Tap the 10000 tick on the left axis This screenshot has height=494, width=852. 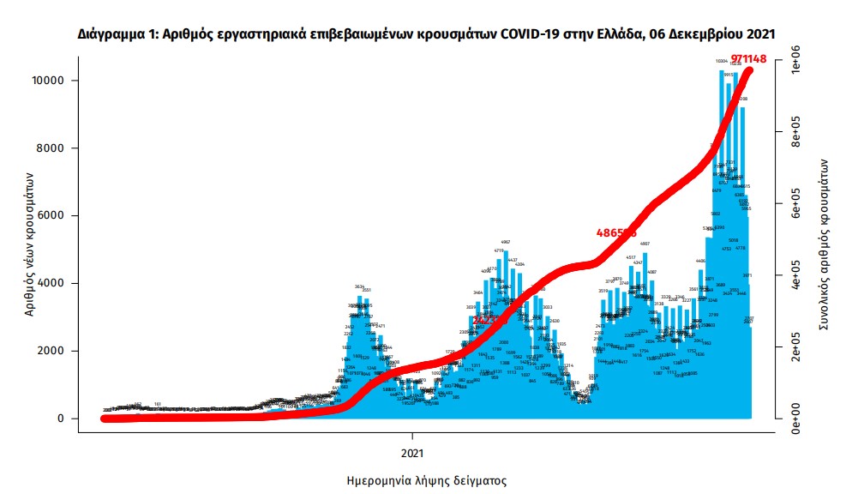pos(50,81)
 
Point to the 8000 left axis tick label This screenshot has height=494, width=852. pos(53,148)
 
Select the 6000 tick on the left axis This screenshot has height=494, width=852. pos(53,216)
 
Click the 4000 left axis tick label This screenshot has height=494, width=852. pos(53,284)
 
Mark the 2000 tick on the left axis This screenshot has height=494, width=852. pos(53,351)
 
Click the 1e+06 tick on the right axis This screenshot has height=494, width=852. pos(796,68)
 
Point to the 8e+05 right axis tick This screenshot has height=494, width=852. pos(796,136)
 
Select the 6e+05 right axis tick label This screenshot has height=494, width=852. pos(796,208)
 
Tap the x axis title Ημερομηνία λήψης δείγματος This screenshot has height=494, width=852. pos(426,480)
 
